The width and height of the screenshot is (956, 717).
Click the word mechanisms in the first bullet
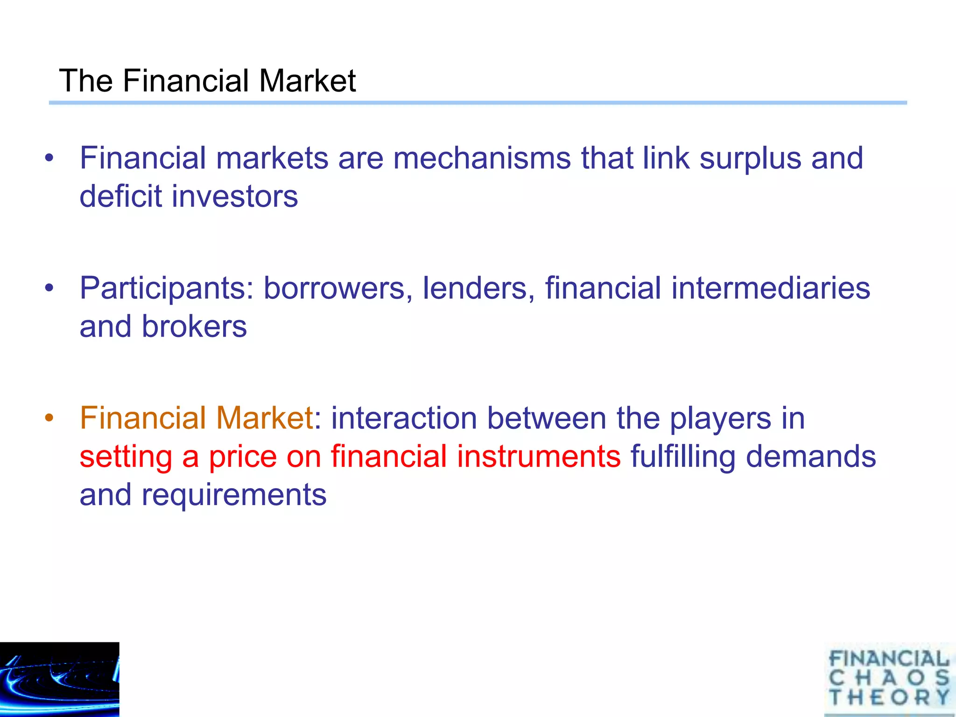click(x=482, y=158)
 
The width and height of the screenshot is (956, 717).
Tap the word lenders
click(x=478, y=288)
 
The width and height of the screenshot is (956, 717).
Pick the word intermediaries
click(x=771, y=288)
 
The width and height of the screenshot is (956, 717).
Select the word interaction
click(x=404, y=418)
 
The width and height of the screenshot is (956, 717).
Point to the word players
click(x=720, y=419)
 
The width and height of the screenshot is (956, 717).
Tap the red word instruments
click(x=539, y=456)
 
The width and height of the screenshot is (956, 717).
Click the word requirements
click(x=234, y=495)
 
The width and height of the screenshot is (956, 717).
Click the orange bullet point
click(x=49, y=417)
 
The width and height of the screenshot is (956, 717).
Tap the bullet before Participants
click(x=49, y=288)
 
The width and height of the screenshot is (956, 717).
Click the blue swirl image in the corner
click(x=59, y=679)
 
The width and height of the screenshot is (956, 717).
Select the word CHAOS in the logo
click(x=889, y=678)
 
